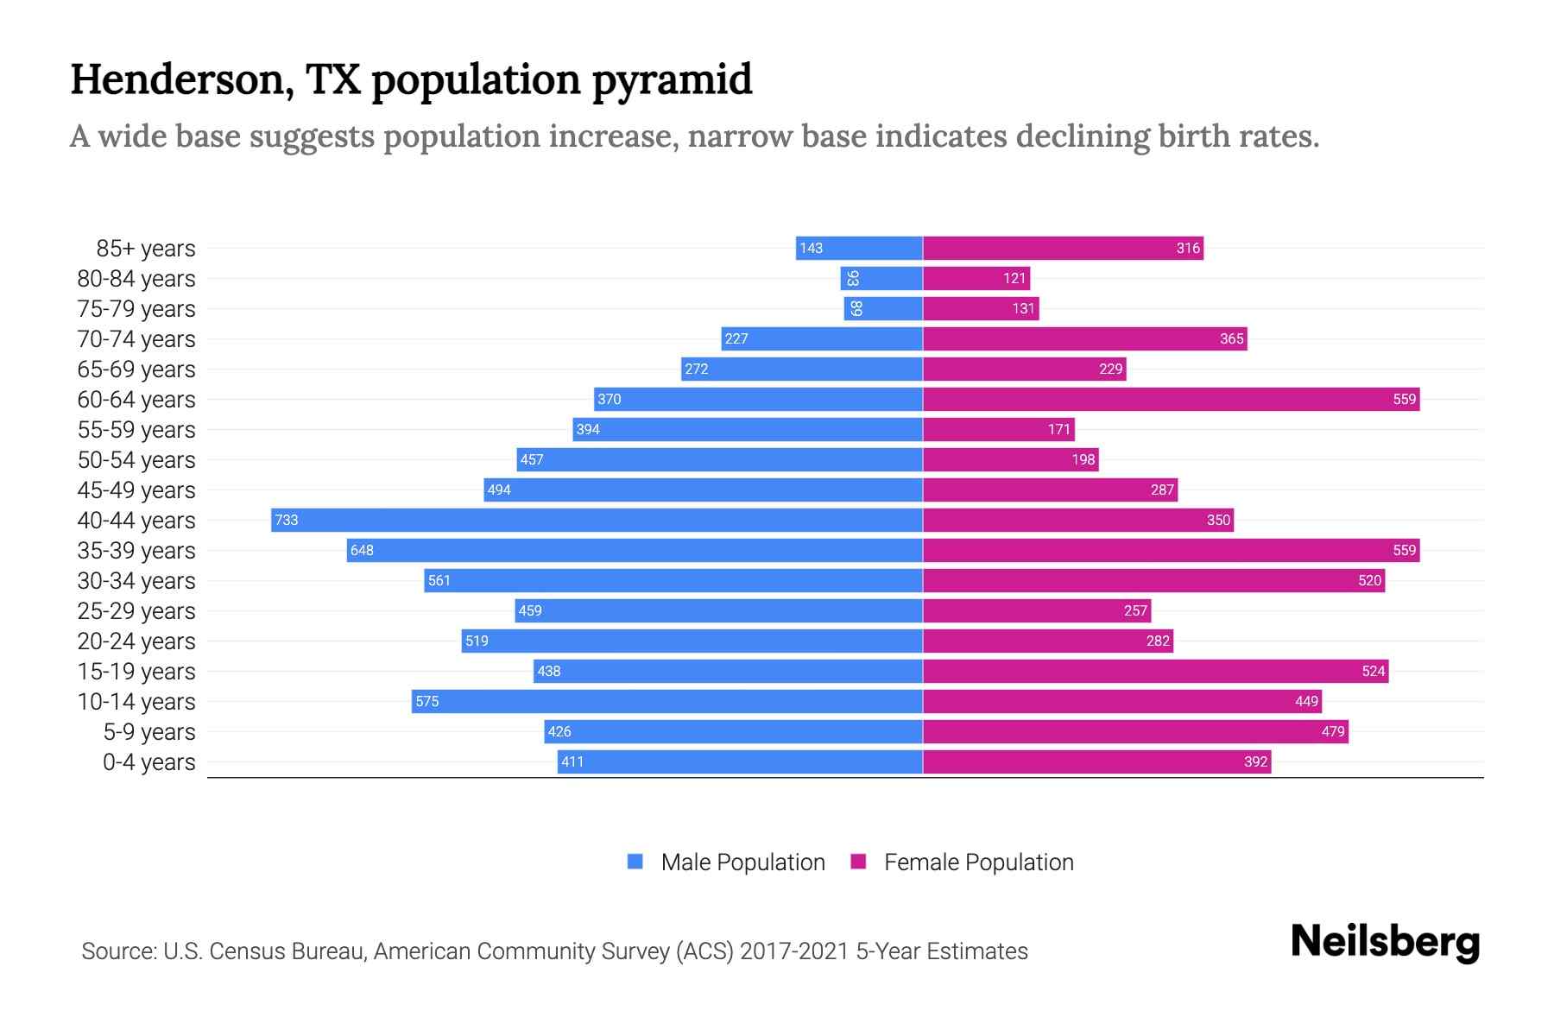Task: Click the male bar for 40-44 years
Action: [597, 520]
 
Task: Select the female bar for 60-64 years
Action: [1171, 399]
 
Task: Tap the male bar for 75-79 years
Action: [883, 308]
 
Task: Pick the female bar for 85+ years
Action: [1063, 248]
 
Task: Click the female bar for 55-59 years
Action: [999, 429]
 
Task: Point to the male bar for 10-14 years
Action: [666, 701]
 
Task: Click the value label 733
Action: [287, 520]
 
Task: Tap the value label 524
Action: [1373, 671]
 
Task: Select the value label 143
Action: [811, 248]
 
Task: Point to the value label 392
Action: [1255, 761]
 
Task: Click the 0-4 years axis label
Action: [148, 762]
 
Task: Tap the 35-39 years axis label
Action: [136, 551]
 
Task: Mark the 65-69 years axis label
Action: [136, 370]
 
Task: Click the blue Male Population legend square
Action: [635, 862]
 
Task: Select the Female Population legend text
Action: [978, 862]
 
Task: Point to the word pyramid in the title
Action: [672, 79]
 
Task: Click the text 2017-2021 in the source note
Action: [794, 951]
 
